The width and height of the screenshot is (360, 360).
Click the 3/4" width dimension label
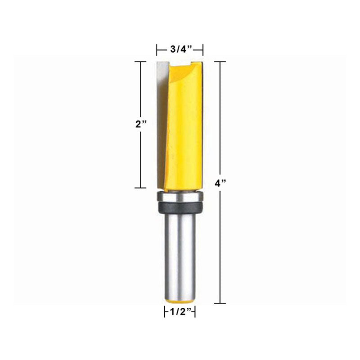coord(181,49)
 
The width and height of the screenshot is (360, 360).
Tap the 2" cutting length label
coord(141,125)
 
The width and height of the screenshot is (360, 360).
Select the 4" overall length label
coord(220,183)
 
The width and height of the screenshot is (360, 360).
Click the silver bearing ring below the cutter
coord(180,197)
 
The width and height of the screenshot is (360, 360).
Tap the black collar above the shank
coord(180,207)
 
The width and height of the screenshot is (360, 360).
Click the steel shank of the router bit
coord(180,255)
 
